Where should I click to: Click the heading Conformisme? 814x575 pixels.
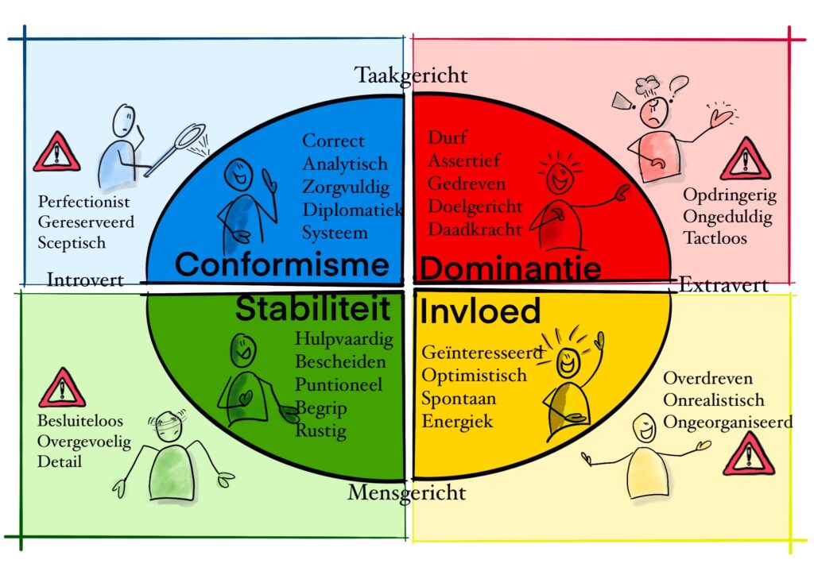[x=282, y=264]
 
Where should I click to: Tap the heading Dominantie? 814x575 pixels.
[x=510, y=268]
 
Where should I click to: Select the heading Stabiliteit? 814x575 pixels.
[x=312, y=308]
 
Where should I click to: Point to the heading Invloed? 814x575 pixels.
[x=479, y=311]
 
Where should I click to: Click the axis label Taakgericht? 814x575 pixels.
[x=411, y=75]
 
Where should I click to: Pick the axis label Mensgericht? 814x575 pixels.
[x=406, y=492]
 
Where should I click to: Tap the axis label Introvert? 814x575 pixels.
[x=85, y=280]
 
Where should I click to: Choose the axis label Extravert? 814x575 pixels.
[x=723, y=284]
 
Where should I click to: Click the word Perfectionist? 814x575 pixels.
[x=84, y=202]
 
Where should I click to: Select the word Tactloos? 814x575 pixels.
[x=715, y=238]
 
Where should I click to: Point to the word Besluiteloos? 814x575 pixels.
[x=80, y=420]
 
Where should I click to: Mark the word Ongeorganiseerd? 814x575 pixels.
[x=728, y=423]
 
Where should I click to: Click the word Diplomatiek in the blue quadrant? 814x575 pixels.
[x=352, y=210]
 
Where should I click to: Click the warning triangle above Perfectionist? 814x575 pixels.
[x=56, y=152]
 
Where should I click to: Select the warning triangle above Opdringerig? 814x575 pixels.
[x=746, y=159]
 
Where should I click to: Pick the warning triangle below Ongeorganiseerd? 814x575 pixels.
[x=749, y=454]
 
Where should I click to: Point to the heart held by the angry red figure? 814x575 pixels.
[x=721, y=118]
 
